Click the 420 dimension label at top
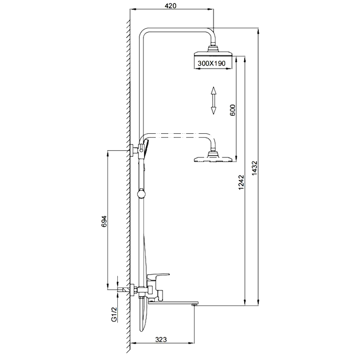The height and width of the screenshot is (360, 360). [x=171, y=6]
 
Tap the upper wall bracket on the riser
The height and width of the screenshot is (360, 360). [x=136, y=150]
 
